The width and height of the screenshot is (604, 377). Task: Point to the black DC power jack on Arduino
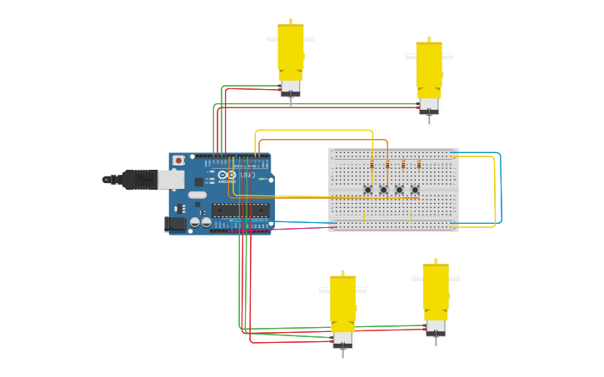177,223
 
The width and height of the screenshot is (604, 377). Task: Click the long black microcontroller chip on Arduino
240,210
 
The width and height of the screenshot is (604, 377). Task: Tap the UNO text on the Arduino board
248,176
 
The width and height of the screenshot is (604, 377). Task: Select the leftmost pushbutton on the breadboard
367,190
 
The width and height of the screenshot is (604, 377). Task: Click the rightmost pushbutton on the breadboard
415,190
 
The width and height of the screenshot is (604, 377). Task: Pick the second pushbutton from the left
383,190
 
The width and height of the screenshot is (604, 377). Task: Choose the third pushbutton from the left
399,190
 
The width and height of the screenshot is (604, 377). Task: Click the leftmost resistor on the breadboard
372,165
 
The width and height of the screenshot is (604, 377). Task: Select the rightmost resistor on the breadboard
419,165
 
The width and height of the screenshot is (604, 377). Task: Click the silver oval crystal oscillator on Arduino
197,196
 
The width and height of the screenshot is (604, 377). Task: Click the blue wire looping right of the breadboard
501,187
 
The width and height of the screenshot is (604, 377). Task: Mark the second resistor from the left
387,165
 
